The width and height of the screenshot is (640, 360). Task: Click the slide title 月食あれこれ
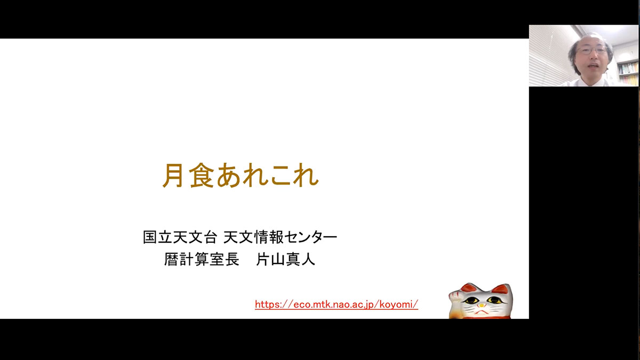pyautogui.click(x=241, y=175)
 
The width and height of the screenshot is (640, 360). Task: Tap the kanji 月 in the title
pyautogui.click(x=173, y=175)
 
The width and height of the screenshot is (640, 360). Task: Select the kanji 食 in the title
pyautogui.click(x=202, y=175)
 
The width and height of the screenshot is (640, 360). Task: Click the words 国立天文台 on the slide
pyautogui.click(x=180, y=237)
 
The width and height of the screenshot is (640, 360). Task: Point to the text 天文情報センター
pyautogui.click(x=281, y=237)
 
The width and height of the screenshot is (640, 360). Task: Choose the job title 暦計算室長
pyautogui.click(x=202, y=259)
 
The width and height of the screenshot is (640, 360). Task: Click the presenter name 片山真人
pyautogui.click(x=285, y=259)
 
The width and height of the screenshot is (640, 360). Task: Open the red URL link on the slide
pyautogui.click(x=337, y=305)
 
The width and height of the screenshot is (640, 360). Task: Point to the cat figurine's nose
pyautogui.click(x=482, y=305)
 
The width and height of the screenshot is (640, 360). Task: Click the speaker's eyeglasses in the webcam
pyautogui.click(x=591, y=51)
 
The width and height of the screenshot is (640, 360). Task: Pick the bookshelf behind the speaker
pyautogui.click(x=628, y=73)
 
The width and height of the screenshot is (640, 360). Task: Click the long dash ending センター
pyautogui.click(x=330, y=237)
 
